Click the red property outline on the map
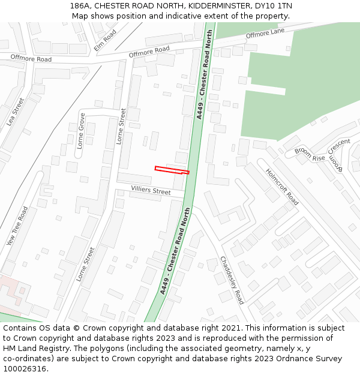[x=172, y=170]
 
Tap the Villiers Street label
[x=151, y=190]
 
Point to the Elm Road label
[x=105, y=40]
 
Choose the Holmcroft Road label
[x=282, y=186]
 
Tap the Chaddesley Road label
[x=232, y=280]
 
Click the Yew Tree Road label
[x=17, y=226]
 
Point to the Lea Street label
[x=15, y=112]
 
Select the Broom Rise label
[x=310, y=153]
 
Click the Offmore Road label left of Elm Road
[x=31, y=59]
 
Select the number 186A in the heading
[x=80, y=5]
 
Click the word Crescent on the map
[x=338, y=146]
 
